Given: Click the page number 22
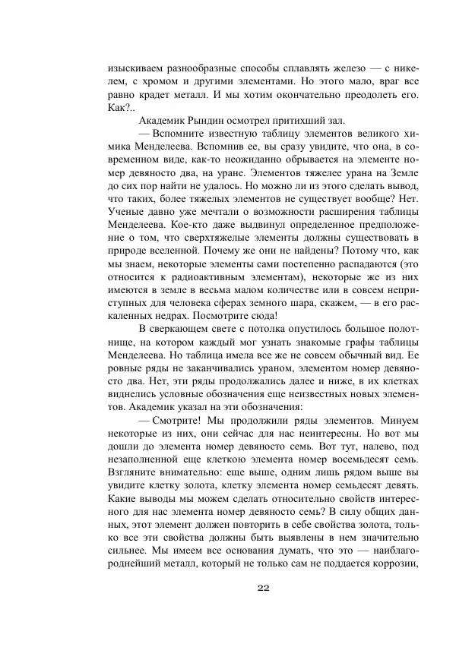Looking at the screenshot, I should tap(264, 588).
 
